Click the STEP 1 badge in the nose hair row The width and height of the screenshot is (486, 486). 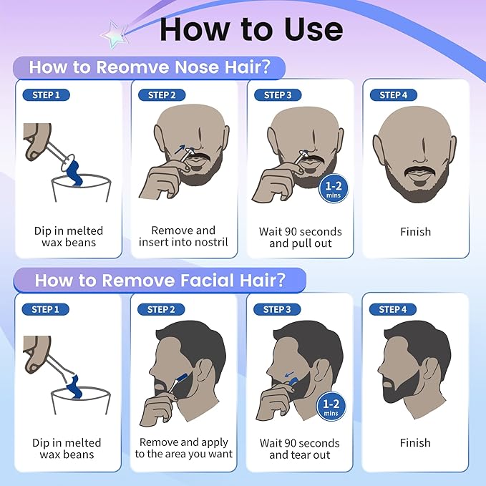click(x=47, y=95)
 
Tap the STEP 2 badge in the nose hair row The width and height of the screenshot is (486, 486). click(x=162, y=95)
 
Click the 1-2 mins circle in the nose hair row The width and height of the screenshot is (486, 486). click(x=332, y=188)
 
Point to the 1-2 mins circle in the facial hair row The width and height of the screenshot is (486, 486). click(x=332, y=407)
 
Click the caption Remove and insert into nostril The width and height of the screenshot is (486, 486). click(x=183, y=236)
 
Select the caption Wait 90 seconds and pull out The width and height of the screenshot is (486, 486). click(x=300, y=237)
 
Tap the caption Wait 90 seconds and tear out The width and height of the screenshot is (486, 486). click(x=300, y=449)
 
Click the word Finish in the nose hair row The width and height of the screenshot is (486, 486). click(x=416, y=231)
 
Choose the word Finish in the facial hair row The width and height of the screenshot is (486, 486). click(x=416, y=442)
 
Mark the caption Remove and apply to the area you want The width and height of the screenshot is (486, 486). click(x=183, y=449)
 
